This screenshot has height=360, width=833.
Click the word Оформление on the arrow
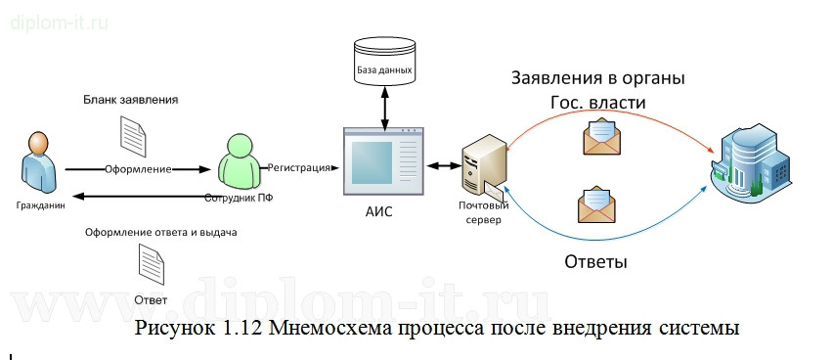point(138,169)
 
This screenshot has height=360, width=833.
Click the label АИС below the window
point(377,212)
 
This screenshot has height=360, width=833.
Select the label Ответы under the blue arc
point(596,262)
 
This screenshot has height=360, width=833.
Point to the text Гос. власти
point(598,102)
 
